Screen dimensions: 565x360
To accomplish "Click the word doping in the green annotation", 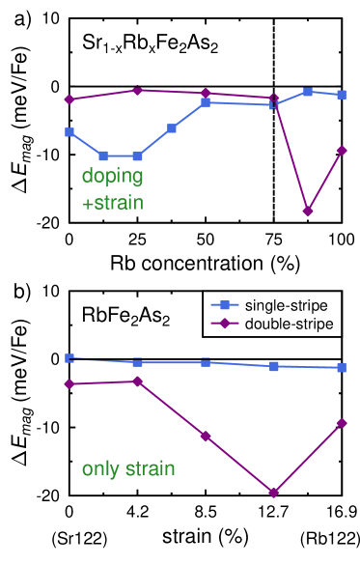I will [112, 177].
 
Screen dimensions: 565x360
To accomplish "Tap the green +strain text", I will [112, 204].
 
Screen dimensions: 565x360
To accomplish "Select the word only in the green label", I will [100, 469].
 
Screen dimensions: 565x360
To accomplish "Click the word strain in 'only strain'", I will [150, 469].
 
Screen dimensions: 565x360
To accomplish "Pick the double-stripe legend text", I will [289, 324].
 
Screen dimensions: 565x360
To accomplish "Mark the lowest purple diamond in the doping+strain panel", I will [308, 211].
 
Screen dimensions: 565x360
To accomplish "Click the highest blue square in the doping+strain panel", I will [308, 92].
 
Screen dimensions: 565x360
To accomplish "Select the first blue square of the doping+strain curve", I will [69, 132].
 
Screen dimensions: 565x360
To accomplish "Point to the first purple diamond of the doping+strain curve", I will [69, 99].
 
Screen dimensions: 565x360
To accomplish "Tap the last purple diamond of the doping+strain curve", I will [342, 150].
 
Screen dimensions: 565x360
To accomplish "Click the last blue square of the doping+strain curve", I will [342, 95].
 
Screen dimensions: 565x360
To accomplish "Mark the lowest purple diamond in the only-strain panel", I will [274, 493].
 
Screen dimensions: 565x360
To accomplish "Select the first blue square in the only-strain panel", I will [69, 357].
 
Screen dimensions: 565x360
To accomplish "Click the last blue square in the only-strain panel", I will [342, 368].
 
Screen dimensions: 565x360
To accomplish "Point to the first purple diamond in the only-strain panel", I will [69, 384].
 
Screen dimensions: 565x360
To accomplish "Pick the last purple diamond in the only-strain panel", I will [342, 423].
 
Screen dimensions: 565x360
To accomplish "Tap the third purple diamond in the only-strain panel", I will [206, 437].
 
